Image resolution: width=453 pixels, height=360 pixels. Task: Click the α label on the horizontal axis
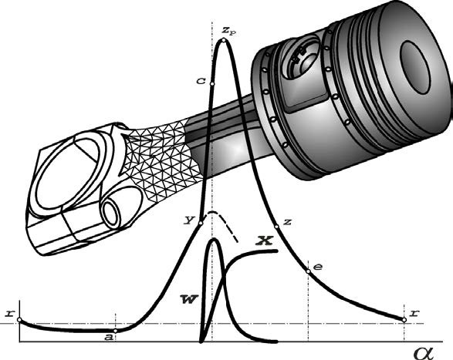(x=424, y=353)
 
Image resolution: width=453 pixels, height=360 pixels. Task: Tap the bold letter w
(x=188, y=299)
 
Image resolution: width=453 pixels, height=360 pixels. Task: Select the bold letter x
(x=265, y=241)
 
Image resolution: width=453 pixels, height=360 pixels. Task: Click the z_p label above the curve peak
(x=229, y=30)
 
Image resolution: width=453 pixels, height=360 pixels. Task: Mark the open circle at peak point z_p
(x=223, y=40)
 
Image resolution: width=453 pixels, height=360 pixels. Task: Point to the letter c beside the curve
(x=201, y=81)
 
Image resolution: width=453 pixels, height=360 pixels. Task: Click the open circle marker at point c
(x=211, y=84)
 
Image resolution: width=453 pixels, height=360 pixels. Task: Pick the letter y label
(x=189, y=220)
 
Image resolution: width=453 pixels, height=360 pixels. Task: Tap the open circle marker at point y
(x=201, y=223)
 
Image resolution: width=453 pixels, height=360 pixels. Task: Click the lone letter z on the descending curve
(x=287, y=222)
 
